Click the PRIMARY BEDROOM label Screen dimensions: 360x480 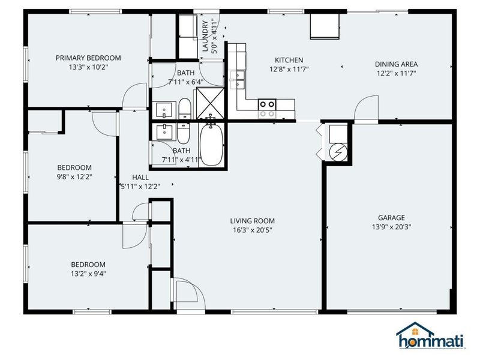(x=88, y=58)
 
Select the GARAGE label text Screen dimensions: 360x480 (x=391, y=218)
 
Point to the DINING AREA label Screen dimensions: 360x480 (x=396, y=64)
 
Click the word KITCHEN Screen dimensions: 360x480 (x=289, y=60)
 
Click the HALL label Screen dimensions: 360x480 (x=140, y=177)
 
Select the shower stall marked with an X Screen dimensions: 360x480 (x=211, y=103)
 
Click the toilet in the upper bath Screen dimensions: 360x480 (x=185, y=110)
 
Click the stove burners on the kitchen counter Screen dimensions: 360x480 (x=267, y=108)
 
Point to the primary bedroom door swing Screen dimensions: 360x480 (x=133, y=96)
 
